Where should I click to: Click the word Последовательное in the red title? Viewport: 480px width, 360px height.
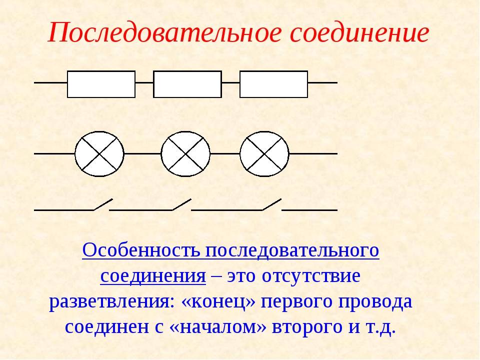(x=164, y=32)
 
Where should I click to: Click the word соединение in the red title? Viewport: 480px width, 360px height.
(x=359, y=32)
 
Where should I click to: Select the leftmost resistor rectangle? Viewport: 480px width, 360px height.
(x=101, y=84)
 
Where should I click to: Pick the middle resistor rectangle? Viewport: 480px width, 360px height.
(x=187, y=84)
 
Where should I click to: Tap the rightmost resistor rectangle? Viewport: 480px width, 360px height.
(x=273, y=84)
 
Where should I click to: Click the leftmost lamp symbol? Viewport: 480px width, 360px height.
(x=99, y=153)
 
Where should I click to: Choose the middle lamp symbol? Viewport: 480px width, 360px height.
(x=185, y=153)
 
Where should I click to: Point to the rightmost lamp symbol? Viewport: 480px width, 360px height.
(x=264, y=153)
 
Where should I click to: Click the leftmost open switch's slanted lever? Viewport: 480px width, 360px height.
(x=103, y=204)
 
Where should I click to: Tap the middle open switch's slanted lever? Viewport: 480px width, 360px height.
(x=182, y=204)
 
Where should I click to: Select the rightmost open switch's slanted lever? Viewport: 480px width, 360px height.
(x=272, y=204)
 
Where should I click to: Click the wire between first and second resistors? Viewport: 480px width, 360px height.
(x=144, y=82)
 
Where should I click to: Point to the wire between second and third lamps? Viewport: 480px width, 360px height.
(x=225, y=153)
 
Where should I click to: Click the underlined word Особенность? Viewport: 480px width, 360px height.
(x=141, y=250)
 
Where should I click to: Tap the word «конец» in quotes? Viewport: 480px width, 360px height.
(x=218, y=302)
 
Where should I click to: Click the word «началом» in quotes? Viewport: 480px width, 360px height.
(x=217, y=327)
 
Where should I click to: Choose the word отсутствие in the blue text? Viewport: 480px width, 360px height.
(x=311, y=276)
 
